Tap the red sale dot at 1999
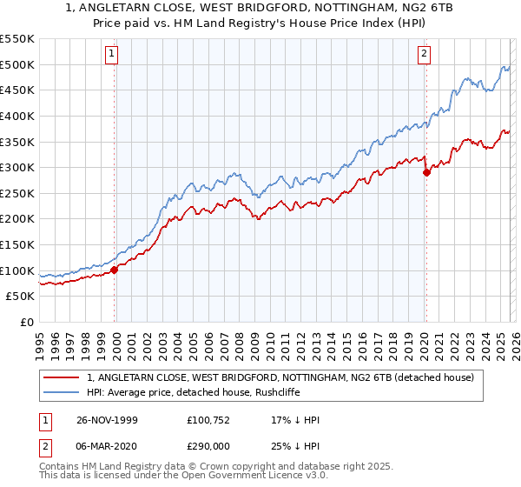114,270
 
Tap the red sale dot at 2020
426,172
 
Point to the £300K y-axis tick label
17,167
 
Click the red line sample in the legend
62,377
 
